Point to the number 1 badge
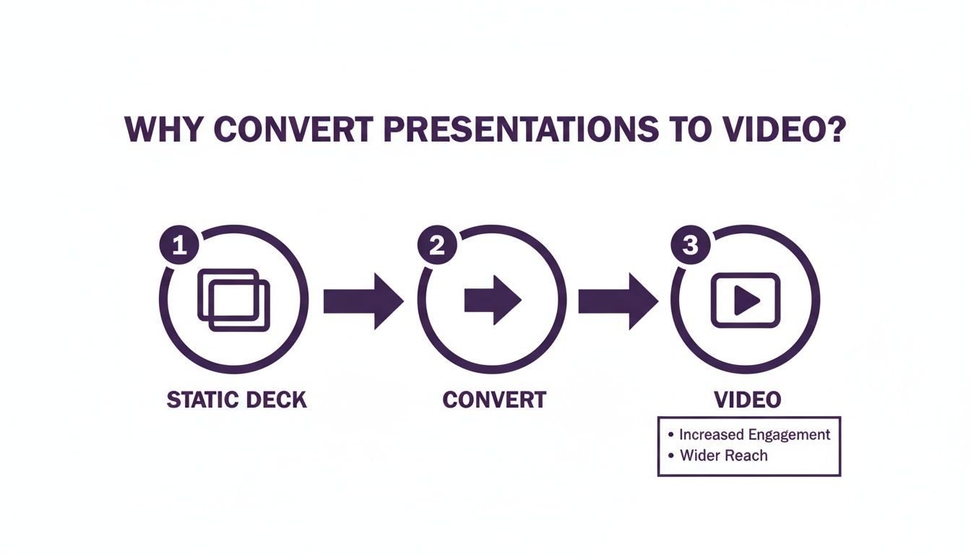coord(178,246)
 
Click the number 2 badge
coord(436,246)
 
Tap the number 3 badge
coord(691,246)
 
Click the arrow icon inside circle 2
coord(492,299)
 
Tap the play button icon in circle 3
coord(746,299)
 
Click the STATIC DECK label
coord(237,400)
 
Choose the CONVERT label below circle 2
coord(494,400)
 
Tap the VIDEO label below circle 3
coord(748,400)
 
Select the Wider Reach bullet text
coord(723,456)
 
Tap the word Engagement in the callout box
coord(790,434)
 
